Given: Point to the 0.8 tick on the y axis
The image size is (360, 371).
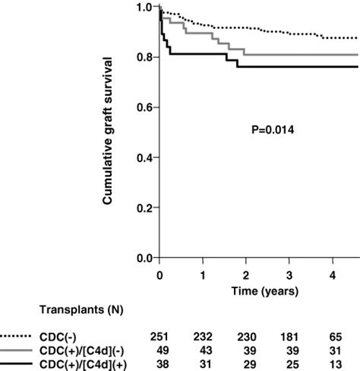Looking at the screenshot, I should pyautogui.click(x=144, y=58).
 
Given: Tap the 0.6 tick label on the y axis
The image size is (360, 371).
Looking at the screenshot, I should pyautogui.click(x=144, y=108).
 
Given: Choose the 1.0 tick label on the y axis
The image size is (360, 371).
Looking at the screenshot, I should pyautogui.click(x=144, y=8).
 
